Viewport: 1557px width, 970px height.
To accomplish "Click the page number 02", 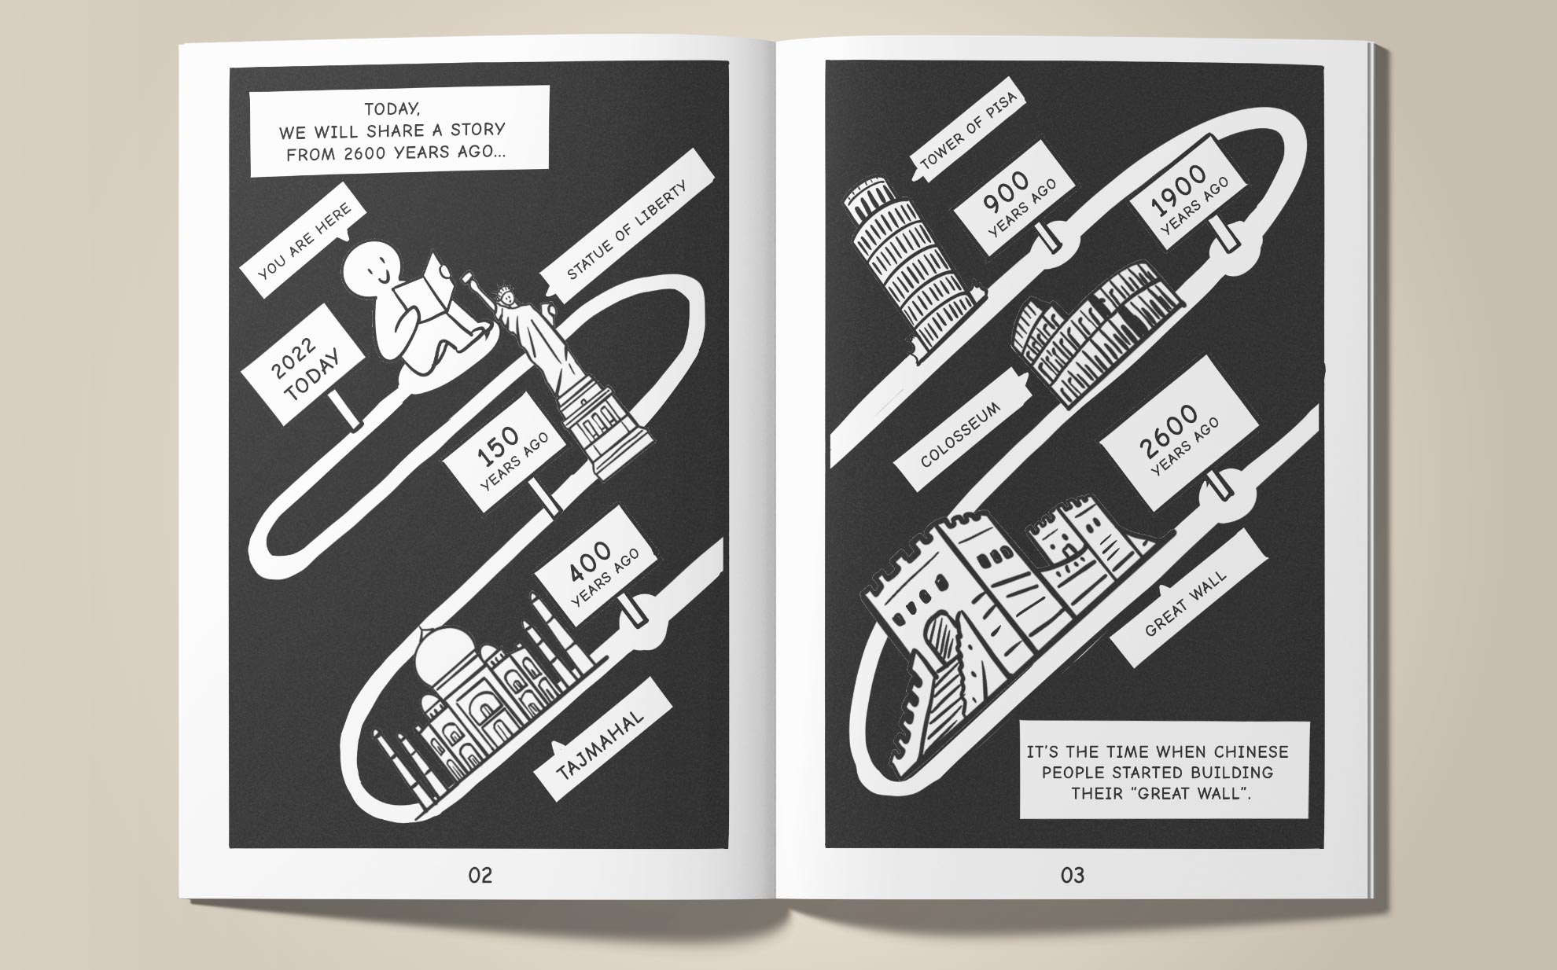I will tap(480, 875).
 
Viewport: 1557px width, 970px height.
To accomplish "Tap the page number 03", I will tap(1072, 875).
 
